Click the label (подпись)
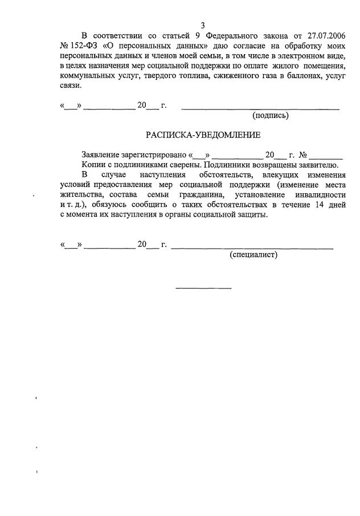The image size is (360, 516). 271,115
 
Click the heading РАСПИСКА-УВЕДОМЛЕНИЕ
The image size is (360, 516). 203,135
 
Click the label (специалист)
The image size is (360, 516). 253,255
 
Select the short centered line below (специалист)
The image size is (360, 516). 203,287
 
